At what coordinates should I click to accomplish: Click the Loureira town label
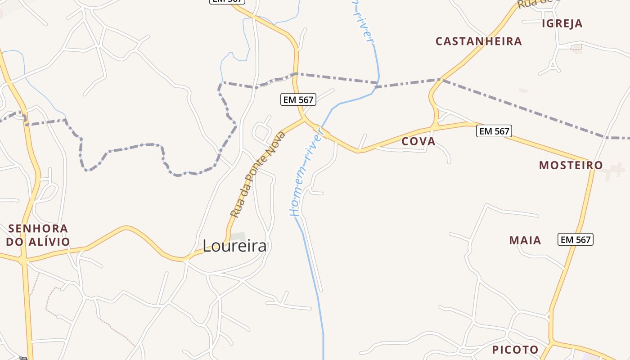pyautogui.click(x=234, y=246)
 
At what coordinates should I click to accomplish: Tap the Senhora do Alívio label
pyautogui.click(x=38, y=235)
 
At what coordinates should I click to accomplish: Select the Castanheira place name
pyautogui.click(x=479, y=41)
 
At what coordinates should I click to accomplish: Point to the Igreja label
pyautogui.click(x=562, y=23)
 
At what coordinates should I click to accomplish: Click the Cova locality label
pyautogui.click(x=418, y=141)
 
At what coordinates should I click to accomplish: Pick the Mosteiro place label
pyautogui.click(x=571, y=165)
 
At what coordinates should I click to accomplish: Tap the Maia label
pyautogui.click(x=525, y=240)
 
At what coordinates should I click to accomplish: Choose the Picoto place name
pyautogui.click(x=515, y=350)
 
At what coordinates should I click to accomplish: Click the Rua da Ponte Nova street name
pyautogui.click(x=258, y=175)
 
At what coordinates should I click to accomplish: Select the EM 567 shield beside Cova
pyautogui.click(x=494, y=131)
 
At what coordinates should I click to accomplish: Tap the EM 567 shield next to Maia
pyautogui.click(x=576, y=239)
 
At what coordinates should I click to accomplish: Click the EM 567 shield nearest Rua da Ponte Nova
pyautogui.click(x=298, y=99)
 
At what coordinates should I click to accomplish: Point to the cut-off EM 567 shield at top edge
pyautogui.click(x=227, y=1)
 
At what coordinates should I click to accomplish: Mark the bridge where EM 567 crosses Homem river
pyautogui.click(x=323, y=131)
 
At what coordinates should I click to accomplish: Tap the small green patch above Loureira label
pyautogui.click(x=238, y=236)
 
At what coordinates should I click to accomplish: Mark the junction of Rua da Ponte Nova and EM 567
pyautogui.click(x=305, y=119)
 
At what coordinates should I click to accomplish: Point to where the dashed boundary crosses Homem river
pyautogui.click(x=378, y=84)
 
